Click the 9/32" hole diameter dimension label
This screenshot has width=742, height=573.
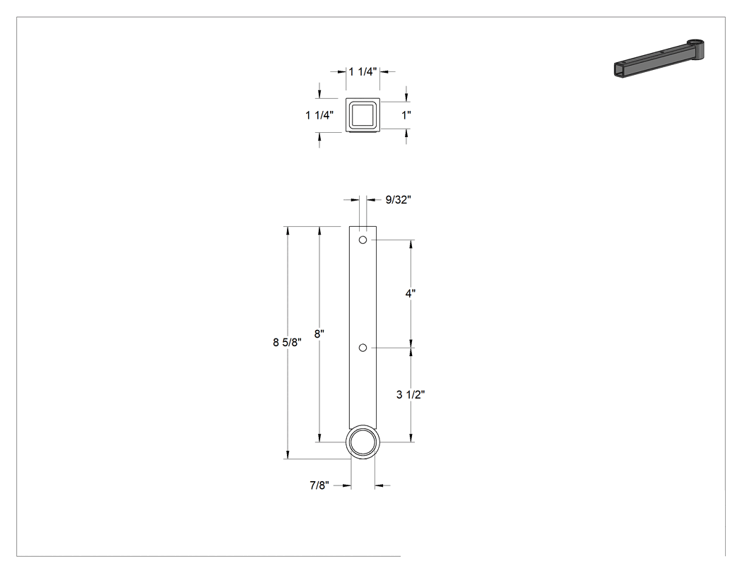[398, 200]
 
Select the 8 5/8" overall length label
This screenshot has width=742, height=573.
[287, 342]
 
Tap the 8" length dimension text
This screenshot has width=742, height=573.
[319, 333]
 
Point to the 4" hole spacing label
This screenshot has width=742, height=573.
[411, 293]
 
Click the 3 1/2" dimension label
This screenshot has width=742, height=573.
[411, 394]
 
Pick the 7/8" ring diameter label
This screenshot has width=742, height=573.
[319, 485]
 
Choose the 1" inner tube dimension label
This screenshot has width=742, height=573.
[406, 115]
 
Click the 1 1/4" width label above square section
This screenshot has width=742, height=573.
[363, 71]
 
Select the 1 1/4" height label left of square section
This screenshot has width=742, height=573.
[319, 115]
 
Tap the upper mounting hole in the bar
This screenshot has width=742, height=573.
[363, 240]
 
